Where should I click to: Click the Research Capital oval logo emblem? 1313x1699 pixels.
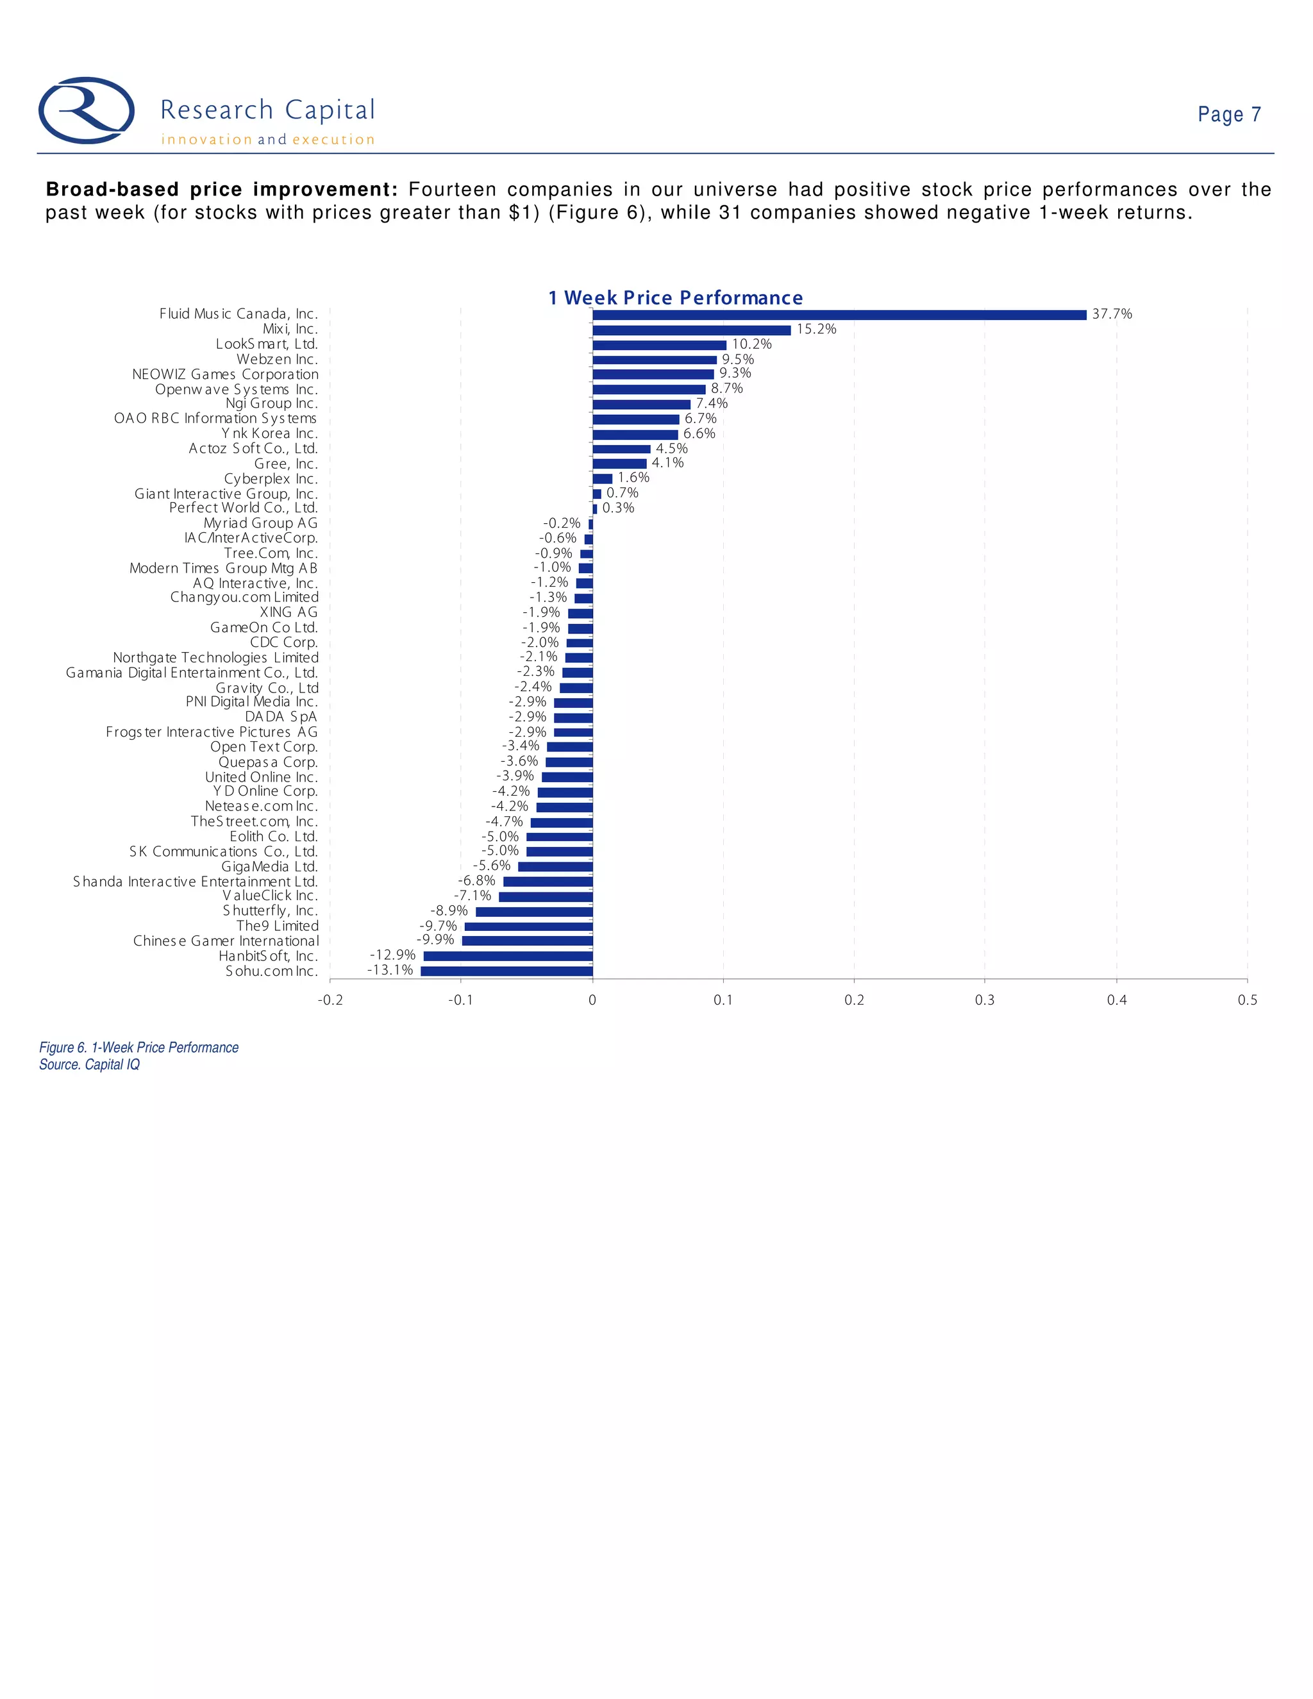point(87,110)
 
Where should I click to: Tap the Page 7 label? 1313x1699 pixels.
point(1228,114)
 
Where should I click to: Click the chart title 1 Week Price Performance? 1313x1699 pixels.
point(675,298)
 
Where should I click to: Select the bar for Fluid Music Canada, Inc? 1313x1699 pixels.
point(839,315)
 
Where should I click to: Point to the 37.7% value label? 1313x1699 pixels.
point(1112,314)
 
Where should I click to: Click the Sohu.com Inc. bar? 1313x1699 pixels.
point(506,971)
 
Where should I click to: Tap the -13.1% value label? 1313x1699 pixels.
point(390,970)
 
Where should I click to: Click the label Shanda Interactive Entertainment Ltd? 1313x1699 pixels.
point(196,882)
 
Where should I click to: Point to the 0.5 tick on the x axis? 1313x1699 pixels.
point(1247,1000)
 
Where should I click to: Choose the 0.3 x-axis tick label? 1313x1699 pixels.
point(985,1000)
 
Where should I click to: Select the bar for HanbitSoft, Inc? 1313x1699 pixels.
point(508,956)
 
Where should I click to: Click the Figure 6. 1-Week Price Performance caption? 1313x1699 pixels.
point(138,1048)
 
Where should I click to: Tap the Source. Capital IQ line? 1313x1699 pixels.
point(90,1065)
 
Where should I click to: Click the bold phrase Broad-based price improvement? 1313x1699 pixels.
point(222,190)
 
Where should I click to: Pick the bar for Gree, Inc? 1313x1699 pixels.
point(619,464)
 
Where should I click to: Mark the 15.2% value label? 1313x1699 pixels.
point(816,329)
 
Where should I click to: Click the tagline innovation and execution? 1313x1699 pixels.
point(267,140)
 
